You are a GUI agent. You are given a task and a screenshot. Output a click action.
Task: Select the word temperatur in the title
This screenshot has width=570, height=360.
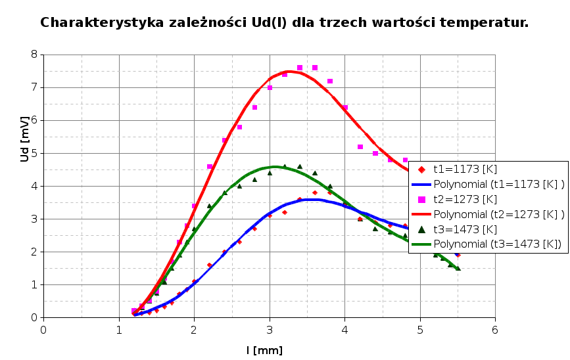[x=490, y=23]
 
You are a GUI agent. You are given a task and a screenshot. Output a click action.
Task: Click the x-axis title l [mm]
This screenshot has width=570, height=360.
[x=264, y=350]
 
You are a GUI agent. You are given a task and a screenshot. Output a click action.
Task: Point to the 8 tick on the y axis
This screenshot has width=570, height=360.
[x=34, y=55]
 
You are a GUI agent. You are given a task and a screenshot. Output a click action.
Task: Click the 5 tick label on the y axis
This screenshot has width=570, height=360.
[x=34, y=153]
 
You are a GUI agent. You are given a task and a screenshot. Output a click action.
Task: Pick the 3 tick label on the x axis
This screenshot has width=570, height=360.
[x=270, y=329]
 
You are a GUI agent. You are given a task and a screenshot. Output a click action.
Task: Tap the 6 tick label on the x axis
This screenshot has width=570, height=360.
[x=495, y=329]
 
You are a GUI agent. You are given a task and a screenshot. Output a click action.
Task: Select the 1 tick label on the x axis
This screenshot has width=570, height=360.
[x=119, y=329]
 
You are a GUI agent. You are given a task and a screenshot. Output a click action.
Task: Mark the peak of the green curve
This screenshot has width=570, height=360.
[x=275, y=167]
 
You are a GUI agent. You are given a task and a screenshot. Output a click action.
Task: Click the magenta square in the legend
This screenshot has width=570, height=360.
[x=422, y=199]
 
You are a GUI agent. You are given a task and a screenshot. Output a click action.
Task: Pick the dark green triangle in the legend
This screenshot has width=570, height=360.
[x=422, y=229]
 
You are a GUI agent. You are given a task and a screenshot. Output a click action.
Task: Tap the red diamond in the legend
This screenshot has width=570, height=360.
[x=422, y=169]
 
